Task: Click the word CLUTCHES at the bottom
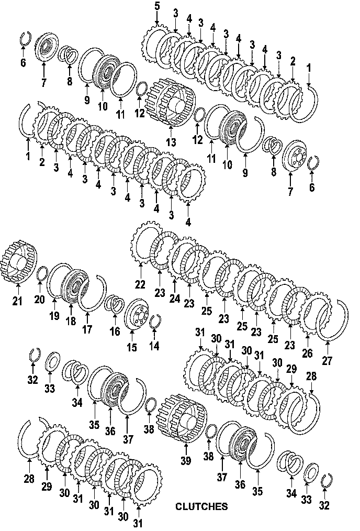click(x=201, y=506)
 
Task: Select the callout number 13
click(x=171, y=142)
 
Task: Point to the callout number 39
click(x=185, y=460)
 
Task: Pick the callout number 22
click(x=139, y=285)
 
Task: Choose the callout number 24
click(x=174, y=298)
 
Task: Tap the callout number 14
click(x=154, y=346)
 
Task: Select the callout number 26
click(x=307, y=353)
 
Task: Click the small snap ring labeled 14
click(x=154, y=322)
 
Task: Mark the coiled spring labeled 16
click(x=115, y=303)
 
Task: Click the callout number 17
click(x=87, y=330)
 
